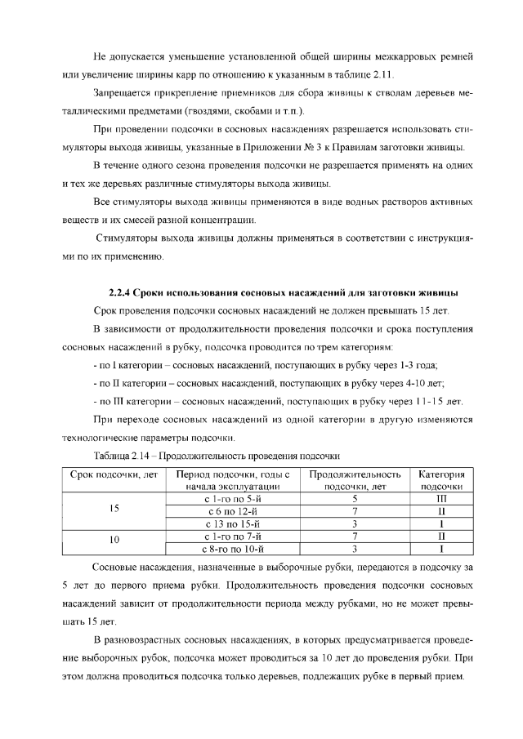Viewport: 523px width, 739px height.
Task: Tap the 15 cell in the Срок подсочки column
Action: [114, 510]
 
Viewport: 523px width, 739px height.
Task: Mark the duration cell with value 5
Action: [355, 496]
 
